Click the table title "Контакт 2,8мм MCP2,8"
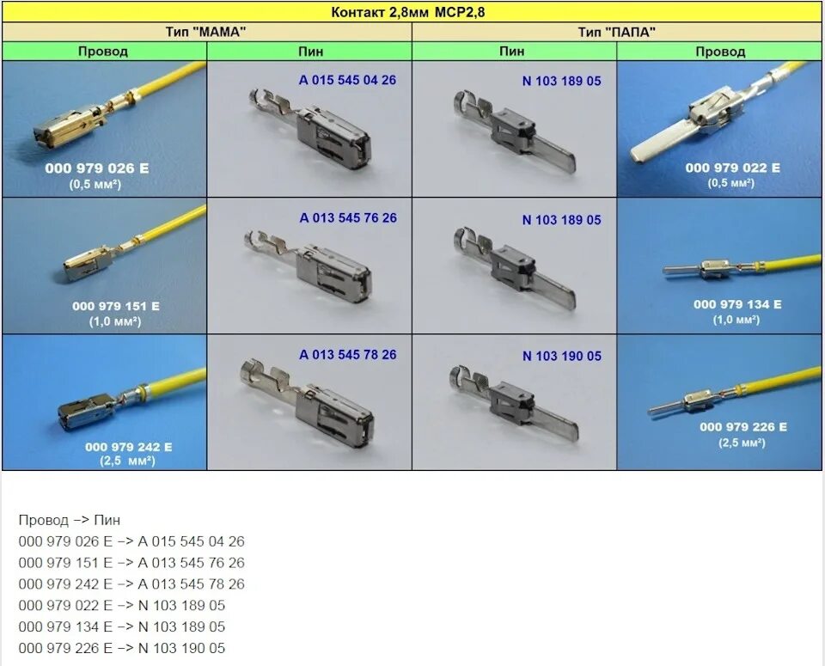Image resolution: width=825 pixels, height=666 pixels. (x=412, y=12)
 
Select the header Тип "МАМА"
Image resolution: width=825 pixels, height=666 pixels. (x=206, y=32)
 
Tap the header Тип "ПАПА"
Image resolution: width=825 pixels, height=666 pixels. (x=617, y=32)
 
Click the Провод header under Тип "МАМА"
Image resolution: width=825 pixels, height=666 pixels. (x=103, y=52)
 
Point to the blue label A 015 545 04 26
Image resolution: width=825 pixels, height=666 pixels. (x=347, y=80)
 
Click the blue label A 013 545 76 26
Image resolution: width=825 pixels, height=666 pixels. (x=347, y=217)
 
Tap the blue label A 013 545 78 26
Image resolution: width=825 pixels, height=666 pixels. (x=347, y=354)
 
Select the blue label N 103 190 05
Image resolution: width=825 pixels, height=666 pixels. (x=561, y=356)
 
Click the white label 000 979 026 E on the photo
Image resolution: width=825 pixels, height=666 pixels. (x=96, y=168)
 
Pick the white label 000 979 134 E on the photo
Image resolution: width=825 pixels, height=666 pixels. (x=737, y=304)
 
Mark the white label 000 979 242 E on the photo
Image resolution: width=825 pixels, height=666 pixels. (x=128, y=447)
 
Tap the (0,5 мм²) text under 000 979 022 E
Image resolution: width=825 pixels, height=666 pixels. (x=732, y=182)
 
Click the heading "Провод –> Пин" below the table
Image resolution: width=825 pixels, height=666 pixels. (x=70, y=520)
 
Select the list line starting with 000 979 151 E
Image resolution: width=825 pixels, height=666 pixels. (x=131, y=563)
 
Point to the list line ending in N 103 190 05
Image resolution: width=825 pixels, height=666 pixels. (x=121, y=648)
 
